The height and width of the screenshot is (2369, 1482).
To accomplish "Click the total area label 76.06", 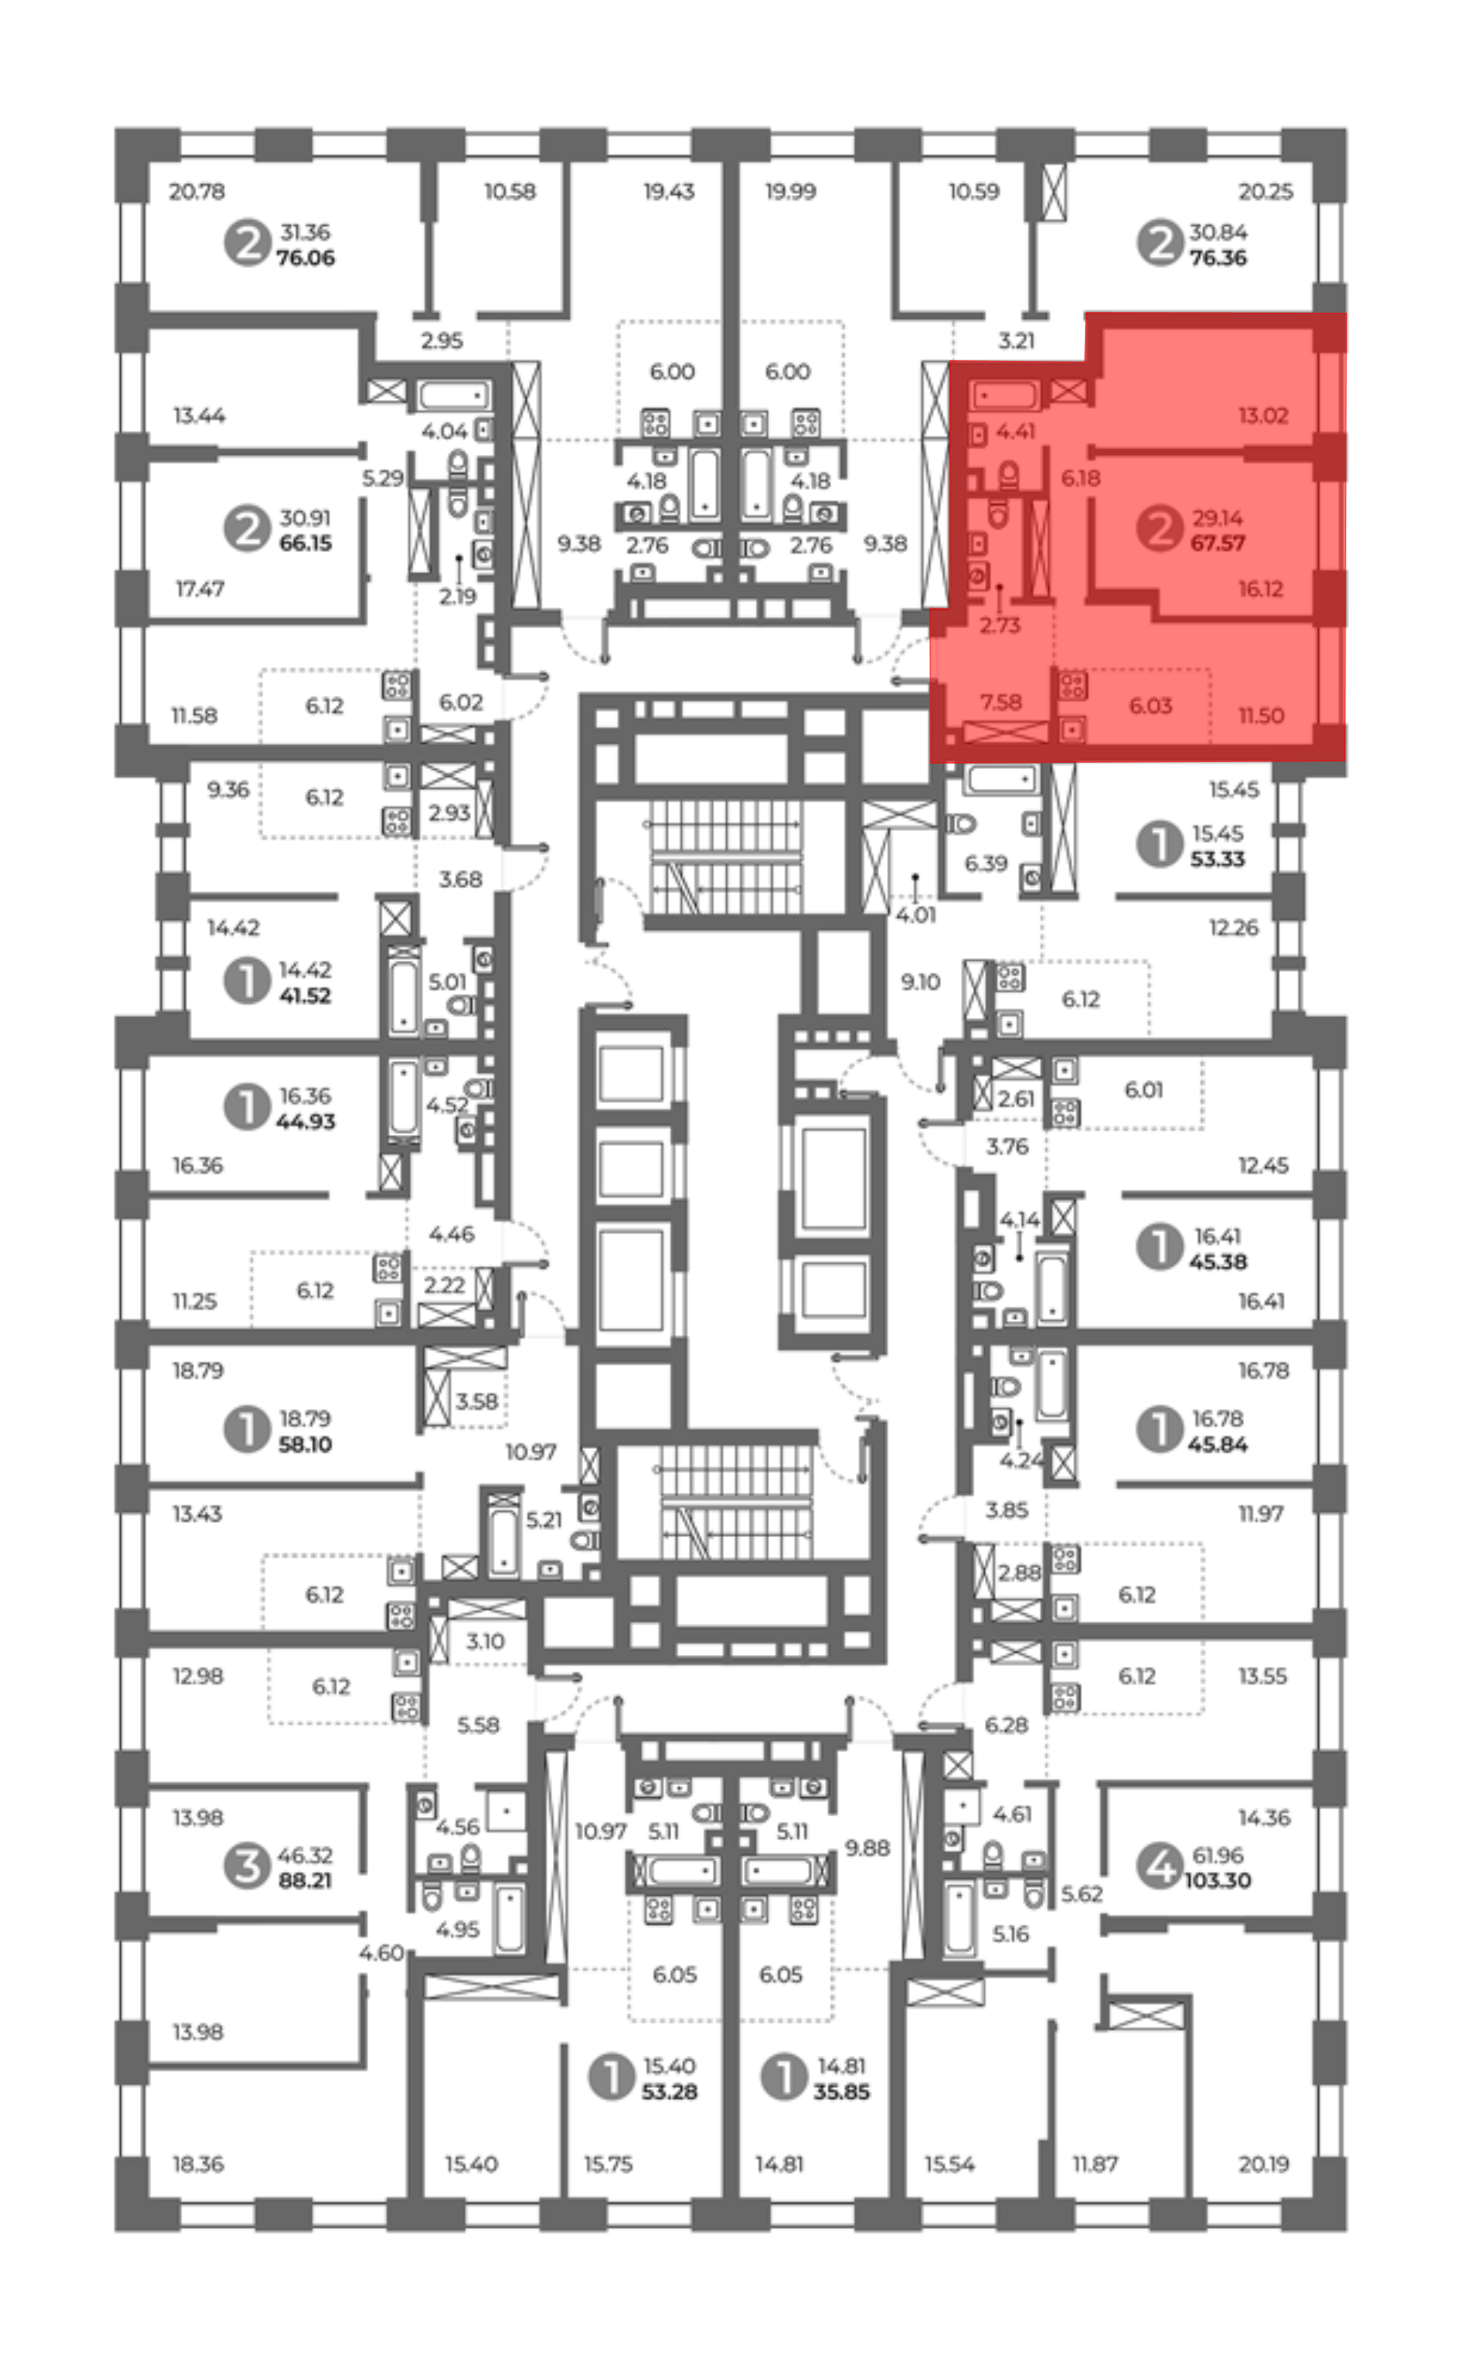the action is (x=305, y=258).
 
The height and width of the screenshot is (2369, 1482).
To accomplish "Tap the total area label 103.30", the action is (x=1217, y=1880).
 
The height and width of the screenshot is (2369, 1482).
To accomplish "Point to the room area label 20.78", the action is (x=196, y=191).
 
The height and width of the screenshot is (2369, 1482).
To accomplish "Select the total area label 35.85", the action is (x=841, y=2092).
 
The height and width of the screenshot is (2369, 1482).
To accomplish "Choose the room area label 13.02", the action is (x=1263, y=416).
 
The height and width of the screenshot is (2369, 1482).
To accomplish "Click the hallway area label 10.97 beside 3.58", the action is (x=531, y=1452).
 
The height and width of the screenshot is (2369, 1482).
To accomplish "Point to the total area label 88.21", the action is (x=305, y=1880).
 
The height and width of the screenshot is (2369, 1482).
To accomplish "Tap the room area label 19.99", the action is (x=790, y=191).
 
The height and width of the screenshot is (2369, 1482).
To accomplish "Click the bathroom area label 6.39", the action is (x=986, y=863).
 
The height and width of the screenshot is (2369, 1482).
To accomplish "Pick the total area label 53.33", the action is (x=1217, y=859).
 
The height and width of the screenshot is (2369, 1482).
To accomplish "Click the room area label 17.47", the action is (x=200, y=589).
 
